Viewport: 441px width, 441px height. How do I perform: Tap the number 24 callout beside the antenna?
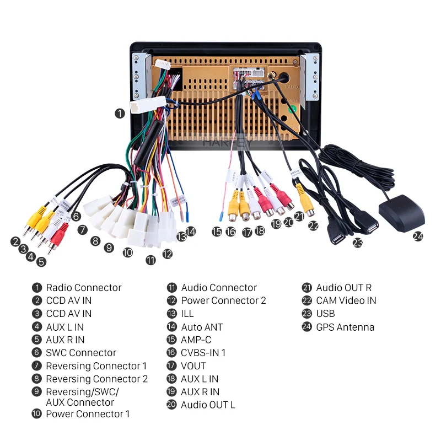[x=418, y=236]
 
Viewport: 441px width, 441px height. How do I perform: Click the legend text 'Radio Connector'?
[x=83, y=288]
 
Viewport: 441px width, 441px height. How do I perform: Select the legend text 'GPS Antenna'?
[x=345, y=327]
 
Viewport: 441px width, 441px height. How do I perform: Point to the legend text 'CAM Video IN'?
[x=346, y=300]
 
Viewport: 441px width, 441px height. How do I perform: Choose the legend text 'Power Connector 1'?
[x=88, y=414]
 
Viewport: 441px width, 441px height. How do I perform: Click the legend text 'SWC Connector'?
[x=81, y=353]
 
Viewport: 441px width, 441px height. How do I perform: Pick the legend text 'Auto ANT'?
[x=202, y=327]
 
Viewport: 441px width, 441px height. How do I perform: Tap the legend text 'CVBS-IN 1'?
[x=203, y=353]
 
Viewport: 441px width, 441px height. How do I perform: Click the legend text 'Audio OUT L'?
[x=208, y=405]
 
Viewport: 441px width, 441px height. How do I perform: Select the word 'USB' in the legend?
[x=325, y=314]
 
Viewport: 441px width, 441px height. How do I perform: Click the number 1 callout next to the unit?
[x=120, y=113]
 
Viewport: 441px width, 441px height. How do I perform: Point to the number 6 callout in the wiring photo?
[x=76, y=217]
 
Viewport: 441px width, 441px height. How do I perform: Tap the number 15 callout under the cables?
[x=217, y=232]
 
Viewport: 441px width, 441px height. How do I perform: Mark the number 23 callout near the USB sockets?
[x=358, y=241]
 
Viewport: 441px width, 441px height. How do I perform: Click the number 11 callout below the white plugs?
[x=150, y=260]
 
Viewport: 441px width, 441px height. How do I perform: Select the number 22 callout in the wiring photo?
[x=313, y=225]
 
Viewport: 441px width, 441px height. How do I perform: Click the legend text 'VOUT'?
[x=193, y=366]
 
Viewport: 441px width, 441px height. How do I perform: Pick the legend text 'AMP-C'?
[x=196, y=340]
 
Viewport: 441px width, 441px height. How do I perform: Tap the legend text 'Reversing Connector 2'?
[x=96, y=379]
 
